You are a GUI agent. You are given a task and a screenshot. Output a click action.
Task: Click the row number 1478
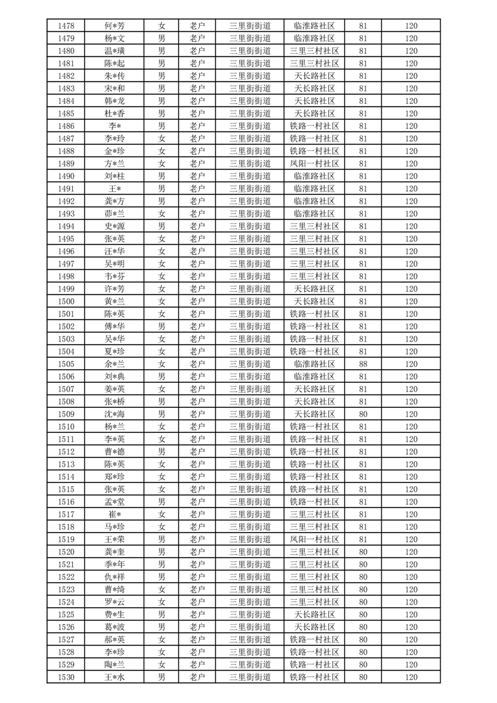[x=66, y=26]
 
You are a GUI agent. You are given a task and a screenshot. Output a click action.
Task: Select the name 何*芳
[x=115, y=26]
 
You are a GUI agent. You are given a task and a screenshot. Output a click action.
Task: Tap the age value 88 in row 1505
[x=363, y=364]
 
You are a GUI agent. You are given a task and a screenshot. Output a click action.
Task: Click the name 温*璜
[x=115, y=51]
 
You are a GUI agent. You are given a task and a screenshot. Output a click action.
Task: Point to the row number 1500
[x=66, y=301]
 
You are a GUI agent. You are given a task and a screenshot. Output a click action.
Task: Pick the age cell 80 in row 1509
[x=363, y=414]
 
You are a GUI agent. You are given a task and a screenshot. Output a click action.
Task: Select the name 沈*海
[x=115, y=414]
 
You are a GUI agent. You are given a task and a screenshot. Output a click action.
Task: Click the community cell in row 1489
[x=315, y=164]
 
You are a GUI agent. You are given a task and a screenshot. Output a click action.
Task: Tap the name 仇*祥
[x=115, y=577]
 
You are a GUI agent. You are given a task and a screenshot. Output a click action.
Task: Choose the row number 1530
[x=66, y=677]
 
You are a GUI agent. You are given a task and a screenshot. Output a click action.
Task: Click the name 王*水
[x=115, y=677]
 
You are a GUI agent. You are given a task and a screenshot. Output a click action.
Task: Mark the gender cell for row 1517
[x=162, y=514]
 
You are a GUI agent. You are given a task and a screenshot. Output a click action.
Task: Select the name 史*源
[x=115, y=226]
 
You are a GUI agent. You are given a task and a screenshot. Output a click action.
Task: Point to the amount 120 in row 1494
[x=411, y=226]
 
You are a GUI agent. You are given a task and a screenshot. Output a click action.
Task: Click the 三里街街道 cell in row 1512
[x=250, y=452]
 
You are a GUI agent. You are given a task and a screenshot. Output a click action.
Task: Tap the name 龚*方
[x=115, y=201]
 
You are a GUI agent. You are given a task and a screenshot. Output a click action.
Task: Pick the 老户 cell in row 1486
[x=197, y=126]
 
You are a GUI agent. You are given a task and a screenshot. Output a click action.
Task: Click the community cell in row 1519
[x=315, y=539]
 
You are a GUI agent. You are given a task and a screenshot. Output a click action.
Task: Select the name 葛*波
[x=115, y=627]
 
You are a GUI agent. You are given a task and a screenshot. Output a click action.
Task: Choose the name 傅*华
[x=115, y=326]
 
